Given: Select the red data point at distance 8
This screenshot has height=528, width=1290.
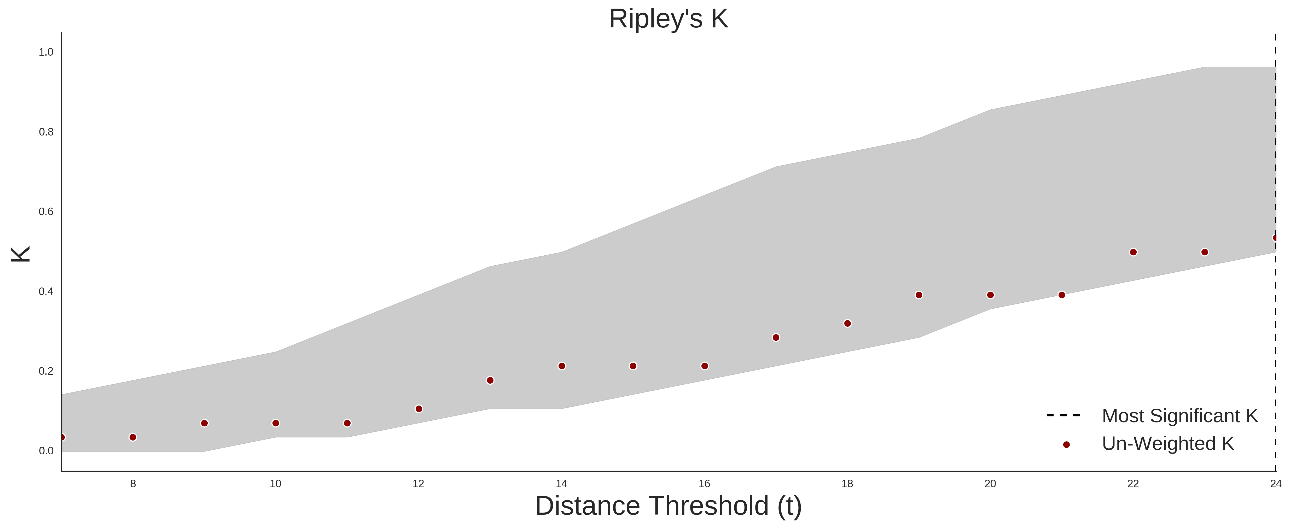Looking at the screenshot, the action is click(x=133, y=437).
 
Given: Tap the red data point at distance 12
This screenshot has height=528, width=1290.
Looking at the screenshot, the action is click(x=419, y=409).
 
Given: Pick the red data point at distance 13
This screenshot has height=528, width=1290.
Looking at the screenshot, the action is click(x=490, y=380).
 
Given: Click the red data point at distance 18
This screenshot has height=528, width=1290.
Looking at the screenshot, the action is click(x=847, y=323).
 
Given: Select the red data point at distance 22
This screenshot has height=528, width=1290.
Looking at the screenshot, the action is click(x=1133, y=252).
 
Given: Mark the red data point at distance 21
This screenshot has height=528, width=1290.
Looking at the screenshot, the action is click(x=1062, y=295).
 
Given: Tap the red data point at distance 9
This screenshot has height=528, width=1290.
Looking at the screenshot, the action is click(x=204, y=423).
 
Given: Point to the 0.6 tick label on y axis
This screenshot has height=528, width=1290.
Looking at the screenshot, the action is click(x=46, y=212).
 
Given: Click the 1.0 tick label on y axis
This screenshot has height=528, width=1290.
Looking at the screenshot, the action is click(x=46, y=52).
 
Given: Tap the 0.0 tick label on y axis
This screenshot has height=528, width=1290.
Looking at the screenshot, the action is click(x=46, y=451).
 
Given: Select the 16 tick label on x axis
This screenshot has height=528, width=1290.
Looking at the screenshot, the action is click(x=704, y=484).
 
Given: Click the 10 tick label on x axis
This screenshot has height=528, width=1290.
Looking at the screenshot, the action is click(x=275, y=484).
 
